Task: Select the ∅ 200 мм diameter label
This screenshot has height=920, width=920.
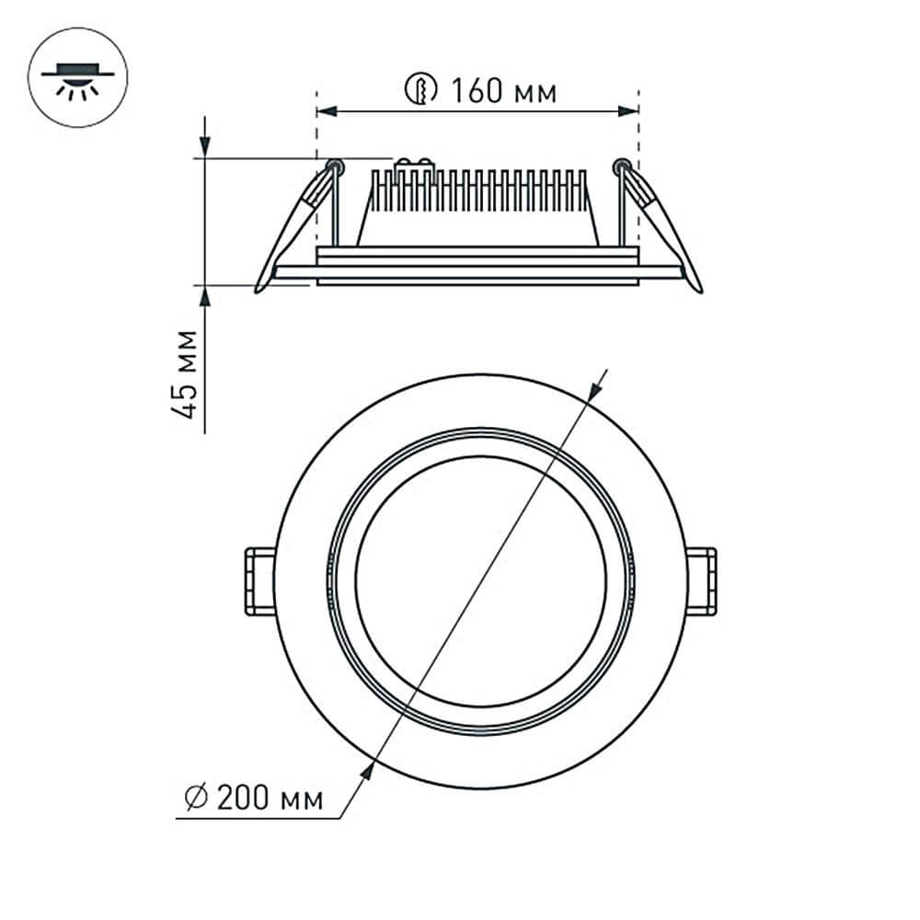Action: coord(254,799)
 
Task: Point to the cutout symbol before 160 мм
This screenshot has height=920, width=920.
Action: coord(419,90)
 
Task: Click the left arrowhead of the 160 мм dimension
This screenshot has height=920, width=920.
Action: coord(327,111)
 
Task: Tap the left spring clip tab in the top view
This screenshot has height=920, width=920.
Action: coord(259,581)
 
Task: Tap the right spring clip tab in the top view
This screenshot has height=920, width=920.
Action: coord(701,581)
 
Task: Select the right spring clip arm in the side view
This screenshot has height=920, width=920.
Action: coord(664,230)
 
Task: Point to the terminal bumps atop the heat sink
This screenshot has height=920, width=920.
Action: coord(414,166)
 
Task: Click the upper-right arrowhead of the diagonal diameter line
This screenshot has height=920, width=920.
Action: coord(594,391)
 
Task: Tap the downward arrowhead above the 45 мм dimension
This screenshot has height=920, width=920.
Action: coord(204,147)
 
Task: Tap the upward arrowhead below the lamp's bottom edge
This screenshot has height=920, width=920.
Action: coord(204,295)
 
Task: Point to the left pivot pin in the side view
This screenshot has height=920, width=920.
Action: coord(336,167)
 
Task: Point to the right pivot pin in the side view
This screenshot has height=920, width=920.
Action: coord(621,167)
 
